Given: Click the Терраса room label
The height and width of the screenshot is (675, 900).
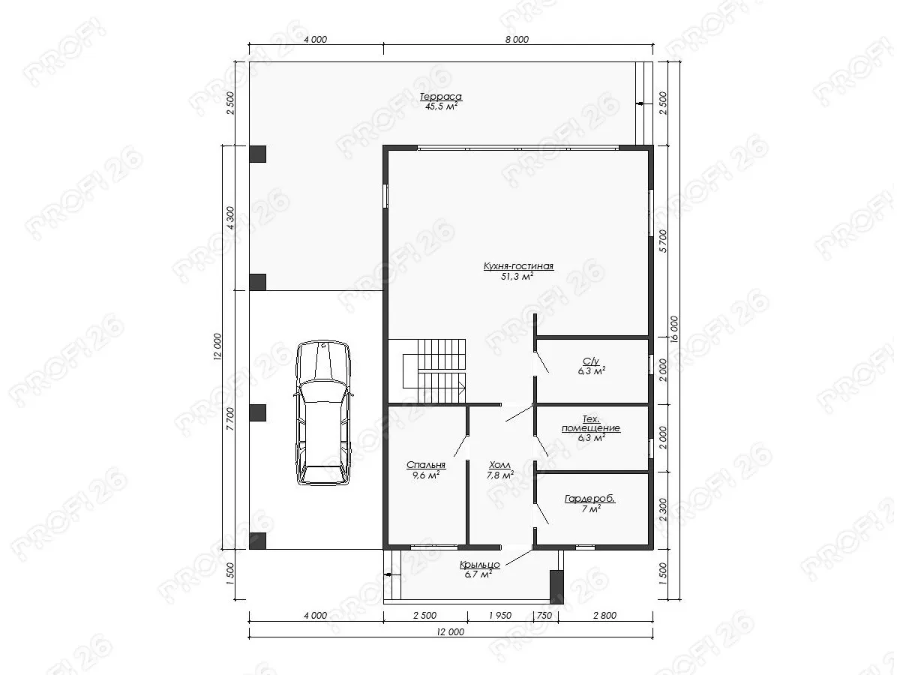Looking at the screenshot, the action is (x=441, y=97).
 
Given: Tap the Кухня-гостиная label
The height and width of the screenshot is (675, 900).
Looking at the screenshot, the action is (x=518, y=266).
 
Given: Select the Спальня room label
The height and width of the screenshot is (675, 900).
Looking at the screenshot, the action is (x=426, y=465).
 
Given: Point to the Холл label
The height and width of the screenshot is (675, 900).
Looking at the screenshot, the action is (x=499, y=465).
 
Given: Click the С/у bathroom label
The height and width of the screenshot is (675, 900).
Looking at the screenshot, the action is (x=591, y=361).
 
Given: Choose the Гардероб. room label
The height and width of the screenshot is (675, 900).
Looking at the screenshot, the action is (x=590, y=499).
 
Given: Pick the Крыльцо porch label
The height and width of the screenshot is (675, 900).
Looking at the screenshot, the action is (x=480, y=564).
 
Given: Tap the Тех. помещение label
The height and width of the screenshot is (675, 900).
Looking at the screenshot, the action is (x=591, y=424).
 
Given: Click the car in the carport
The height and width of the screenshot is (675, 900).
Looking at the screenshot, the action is (x=323, y=413).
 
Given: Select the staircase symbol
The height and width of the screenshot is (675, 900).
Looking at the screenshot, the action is (x=434, y=371).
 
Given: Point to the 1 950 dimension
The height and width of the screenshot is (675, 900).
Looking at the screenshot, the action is (x=500, y=615).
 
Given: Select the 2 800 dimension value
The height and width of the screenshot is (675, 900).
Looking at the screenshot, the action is (x=605, y=615).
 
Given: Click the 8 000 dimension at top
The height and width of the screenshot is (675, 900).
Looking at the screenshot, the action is (x=517, y=39).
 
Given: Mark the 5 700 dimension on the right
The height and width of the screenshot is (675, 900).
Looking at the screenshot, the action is (x=664, y=241).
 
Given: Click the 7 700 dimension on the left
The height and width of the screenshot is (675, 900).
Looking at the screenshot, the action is (x=230, y=418).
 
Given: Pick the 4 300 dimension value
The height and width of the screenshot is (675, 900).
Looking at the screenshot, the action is (x=230, y=218).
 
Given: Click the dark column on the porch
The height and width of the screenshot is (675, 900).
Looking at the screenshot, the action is (x=556, y=586).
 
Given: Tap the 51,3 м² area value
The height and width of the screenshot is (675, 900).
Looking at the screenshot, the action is (x=517, y=277).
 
